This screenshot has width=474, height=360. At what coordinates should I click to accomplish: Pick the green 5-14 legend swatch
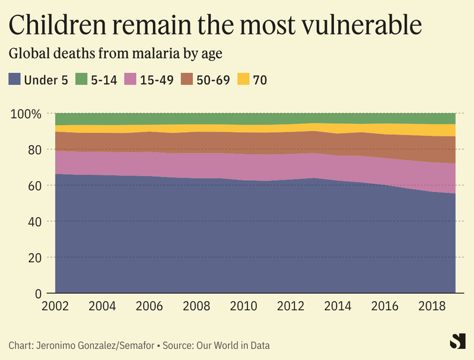tap(80, 79)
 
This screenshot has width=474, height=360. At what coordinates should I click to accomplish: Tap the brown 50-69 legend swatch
tap(188, 79)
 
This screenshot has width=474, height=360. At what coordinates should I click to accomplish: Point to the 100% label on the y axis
tap(26, 113)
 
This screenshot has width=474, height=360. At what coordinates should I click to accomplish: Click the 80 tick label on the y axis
tap(34, 149)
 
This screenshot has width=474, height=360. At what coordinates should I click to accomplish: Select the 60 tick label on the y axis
tap(34, 186)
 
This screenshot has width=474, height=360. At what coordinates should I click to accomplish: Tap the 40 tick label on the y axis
tap(34, 221)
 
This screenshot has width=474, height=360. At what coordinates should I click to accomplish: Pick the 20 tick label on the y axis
tap(34, 257)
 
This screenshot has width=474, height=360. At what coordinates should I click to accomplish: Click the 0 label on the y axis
tap(37, 293)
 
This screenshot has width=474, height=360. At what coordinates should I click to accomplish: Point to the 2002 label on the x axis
tap(56, 307)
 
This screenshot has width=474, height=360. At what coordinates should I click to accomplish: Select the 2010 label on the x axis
tap(244, 307)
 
